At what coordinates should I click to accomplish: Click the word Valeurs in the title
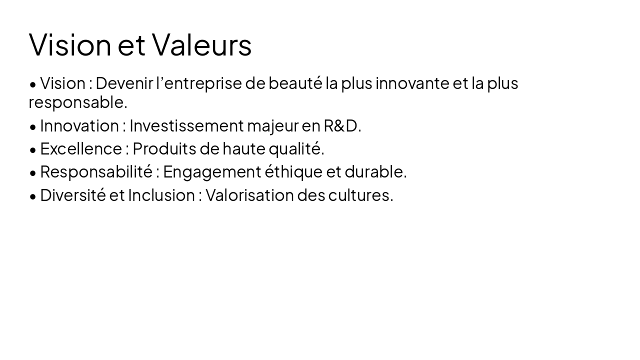tap(201, 44)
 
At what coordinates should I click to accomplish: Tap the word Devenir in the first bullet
tap(124, 83)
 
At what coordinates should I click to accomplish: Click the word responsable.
tap(77, 102)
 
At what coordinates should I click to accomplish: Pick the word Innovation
tap(79, 125)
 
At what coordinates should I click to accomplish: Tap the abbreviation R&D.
tap(342, 125)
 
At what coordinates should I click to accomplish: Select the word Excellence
tap(80, 148)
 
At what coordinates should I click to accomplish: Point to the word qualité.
tap(296, 148)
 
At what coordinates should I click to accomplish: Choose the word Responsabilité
tap(96, 171)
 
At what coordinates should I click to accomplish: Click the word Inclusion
tap(161, 195)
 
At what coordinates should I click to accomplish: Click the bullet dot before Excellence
tap(33, 150)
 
